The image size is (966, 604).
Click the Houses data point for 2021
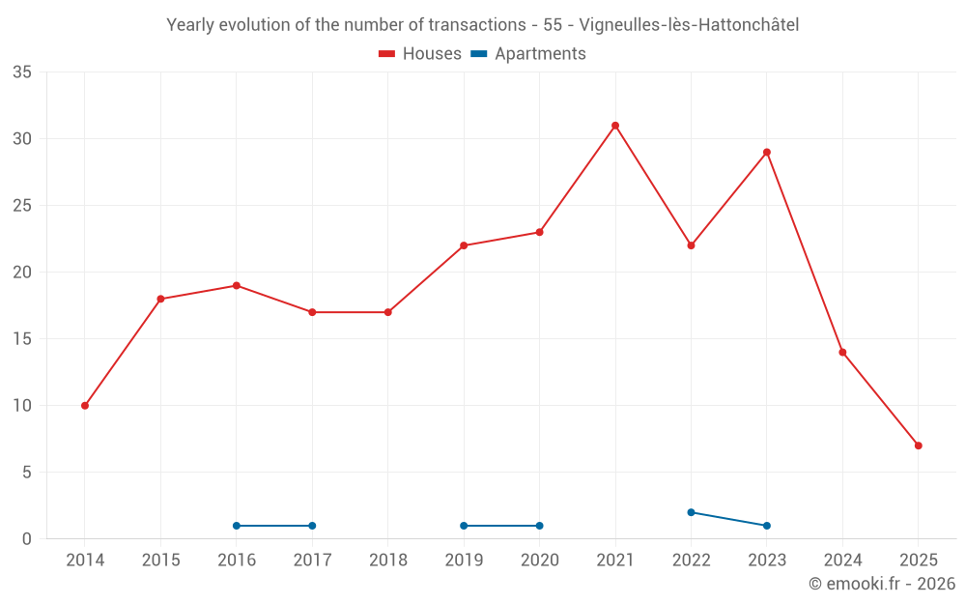(x=615, y=126)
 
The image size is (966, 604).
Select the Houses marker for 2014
(x=85, y=406)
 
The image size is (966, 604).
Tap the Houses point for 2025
(x=918, y=446)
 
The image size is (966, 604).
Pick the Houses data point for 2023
(x=766, y=153)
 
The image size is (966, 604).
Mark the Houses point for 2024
(x=842, y=353)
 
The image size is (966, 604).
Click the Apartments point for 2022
(x=691, y=512)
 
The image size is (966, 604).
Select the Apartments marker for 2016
(x=237, y=526)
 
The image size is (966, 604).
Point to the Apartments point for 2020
(x=539, y=526)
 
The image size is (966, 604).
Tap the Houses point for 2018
(x=387, y=312)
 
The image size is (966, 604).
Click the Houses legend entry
(x=420, y=54)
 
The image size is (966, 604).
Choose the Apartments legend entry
(x=528, y=54)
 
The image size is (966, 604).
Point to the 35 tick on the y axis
(x=22, y=72)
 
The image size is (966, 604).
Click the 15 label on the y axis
(x=22, y=339)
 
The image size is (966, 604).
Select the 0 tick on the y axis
(x=27, y=539)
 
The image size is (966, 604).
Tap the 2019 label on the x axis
(x=464, y=561)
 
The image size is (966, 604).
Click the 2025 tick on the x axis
(x=918, y=561)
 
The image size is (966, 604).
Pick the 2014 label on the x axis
(x=85, y=561)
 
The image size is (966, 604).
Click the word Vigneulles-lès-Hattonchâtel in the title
(x=689, y=25)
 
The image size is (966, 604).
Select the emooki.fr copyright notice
(x=881, y=584)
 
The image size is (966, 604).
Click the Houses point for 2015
(x=160, y=300)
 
